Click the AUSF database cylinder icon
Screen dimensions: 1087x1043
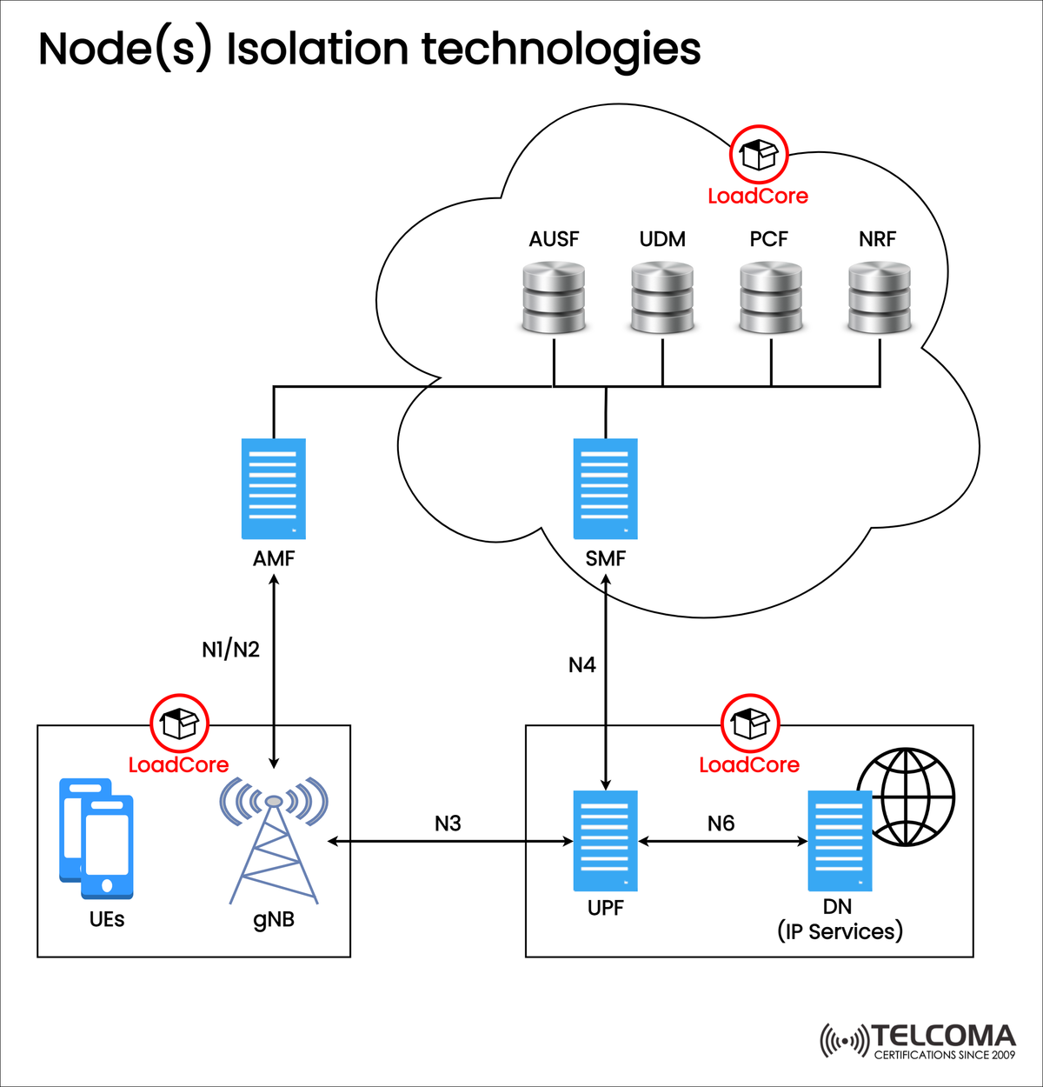click(554, 298)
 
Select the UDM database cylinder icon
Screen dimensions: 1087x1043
click(662, 298)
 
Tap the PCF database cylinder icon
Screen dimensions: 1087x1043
click(771, 298)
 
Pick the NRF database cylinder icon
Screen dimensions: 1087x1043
click(880, 298)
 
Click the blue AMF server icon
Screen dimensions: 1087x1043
click(274, 489)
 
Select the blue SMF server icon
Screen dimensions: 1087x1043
click(606, 489)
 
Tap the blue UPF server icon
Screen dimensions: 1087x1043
click(606, 840)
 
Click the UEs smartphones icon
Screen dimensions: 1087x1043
click(96, 838)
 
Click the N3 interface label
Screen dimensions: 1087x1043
click(448, 824)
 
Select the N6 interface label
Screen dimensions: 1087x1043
click(721, 824)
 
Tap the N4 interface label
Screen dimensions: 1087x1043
click(581, 665)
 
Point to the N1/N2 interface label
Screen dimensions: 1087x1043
click(230, 650)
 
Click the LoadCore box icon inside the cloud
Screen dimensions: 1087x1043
click(758, 155)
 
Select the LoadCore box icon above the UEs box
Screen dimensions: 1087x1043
click(180, 723)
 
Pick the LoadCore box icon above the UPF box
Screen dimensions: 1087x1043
click(750, 723)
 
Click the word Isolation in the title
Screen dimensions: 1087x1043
click(317, 50)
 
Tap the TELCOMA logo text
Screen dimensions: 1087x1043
click(943, 1036)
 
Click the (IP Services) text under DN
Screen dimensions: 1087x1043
click(840, 931)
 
